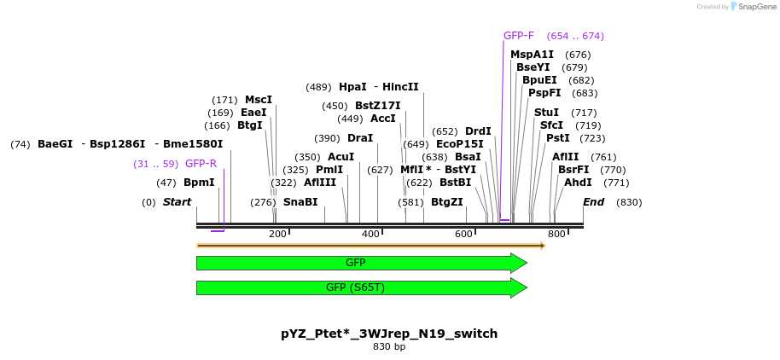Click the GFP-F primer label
tap(518, 36)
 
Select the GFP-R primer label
tap(201, 164)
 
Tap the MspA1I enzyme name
tap(532, 55)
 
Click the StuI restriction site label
tap(546, 113)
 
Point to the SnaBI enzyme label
tap(300, 202)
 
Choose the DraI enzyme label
tap(360, 138)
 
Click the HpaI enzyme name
tap(352, 87)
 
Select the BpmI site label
tap(199, 183)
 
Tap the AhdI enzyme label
tap(578, 183)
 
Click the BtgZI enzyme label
tap(447, 202)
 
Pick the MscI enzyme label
tap(259, 100)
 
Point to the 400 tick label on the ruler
tap(370, 235)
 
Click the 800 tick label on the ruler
tap(556, 235)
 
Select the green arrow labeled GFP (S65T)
tap(362, 287)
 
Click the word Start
tap(177, 202)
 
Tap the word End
tap(593, 202)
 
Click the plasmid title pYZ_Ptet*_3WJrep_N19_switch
tap(389, 334)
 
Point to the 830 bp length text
tap(389, 346)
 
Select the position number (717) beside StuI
tap(584, 113)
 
